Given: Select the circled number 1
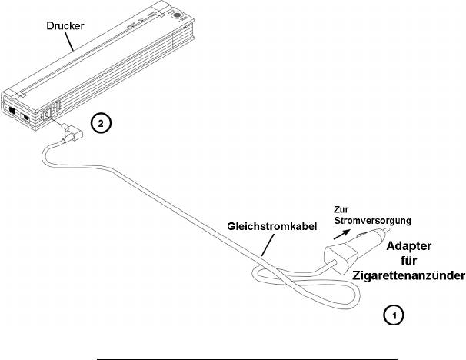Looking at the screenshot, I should click(393, 315).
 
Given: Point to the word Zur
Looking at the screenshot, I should click(343, 208).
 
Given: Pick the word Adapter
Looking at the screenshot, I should click(414, 247).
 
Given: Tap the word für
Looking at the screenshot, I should click(413, 261).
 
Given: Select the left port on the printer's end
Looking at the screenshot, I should click(15, 109).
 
